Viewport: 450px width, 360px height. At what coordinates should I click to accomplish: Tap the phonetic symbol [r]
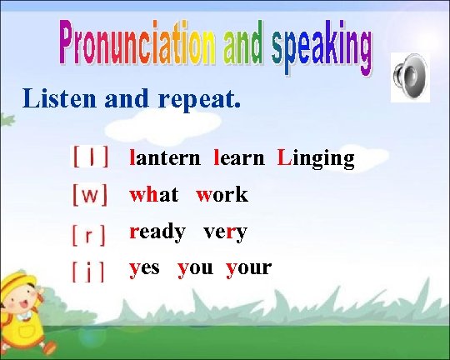pyautogui.click(x=89, y=233)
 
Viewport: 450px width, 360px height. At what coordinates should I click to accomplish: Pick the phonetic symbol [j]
pyautogui.click(x=88, y=270)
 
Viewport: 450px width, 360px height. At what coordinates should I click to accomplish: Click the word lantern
pyautogui.click(x=164, y=158)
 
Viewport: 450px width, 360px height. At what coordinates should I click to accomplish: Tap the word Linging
pyautogui.click(x=316, y=158)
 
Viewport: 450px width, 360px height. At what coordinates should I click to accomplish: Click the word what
pyautogui.click(x=153, y=195)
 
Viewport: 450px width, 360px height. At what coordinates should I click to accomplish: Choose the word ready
pyautogui.click(x=157, y=232)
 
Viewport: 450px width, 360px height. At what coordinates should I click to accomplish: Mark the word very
pyautogui.click(x=225, y=232)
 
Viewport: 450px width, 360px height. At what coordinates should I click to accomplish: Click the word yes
pyautogui.click(x=145, y=268)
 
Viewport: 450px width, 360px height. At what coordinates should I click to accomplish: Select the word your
pyautogui.click(x=248, y=268)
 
